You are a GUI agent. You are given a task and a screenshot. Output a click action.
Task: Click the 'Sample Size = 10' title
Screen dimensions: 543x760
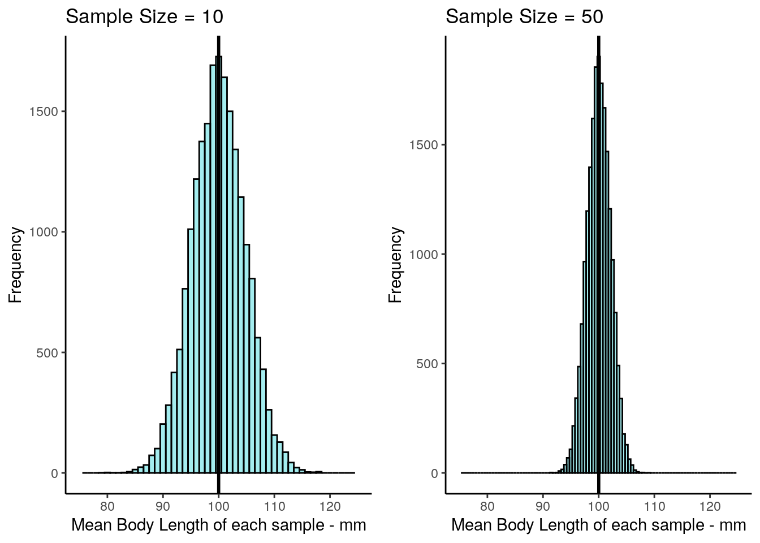coord(144,17)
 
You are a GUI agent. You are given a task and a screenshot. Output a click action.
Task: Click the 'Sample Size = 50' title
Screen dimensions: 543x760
coord(524,17)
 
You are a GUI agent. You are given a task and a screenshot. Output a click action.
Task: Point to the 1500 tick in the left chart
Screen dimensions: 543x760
coord(44,111)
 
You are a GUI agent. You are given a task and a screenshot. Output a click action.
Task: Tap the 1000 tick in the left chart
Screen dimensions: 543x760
coord(44,232)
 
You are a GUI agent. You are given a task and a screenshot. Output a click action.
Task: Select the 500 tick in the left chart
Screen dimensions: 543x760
coord(47,353)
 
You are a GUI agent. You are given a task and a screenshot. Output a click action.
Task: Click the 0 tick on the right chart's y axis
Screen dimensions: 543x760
coord(434,473)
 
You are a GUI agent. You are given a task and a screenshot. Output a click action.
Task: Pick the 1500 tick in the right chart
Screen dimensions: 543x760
coord(424,145)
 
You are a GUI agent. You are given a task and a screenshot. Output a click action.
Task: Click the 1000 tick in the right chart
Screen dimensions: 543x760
coord(424,255)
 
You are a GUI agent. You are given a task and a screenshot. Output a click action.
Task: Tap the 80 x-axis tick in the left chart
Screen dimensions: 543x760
coord(107,506)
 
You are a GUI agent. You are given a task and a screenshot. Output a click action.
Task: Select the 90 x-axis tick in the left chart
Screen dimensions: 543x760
coord(163,506)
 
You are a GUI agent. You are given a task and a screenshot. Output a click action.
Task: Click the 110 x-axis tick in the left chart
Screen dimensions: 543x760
coord(274,506)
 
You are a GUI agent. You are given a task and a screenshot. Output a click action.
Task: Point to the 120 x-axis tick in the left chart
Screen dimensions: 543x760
coord(330,506)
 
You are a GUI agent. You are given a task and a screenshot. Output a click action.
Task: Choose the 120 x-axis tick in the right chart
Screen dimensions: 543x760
coord(710,506)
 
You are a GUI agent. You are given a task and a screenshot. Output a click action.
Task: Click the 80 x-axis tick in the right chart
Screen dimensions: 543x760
coord(487,506)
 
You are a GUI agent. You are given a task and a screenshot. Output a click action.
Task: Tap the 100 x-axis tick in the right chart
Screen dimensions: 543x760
coord(598,506)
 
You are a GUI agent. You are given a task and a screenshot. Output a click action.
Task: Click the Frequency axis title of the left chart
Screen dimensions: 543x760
coord(15,265)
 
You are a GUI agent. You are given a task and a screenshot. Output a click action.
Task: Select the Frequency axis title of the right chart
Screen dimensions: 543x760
coord(395,265)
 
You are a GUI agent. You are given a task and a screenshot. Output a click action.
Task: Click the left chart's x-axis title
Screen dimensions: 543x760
coord(219,525)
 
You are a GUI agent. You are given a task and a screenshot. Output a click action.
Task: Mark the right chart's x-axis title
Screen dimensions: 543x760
coord(599,525)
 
